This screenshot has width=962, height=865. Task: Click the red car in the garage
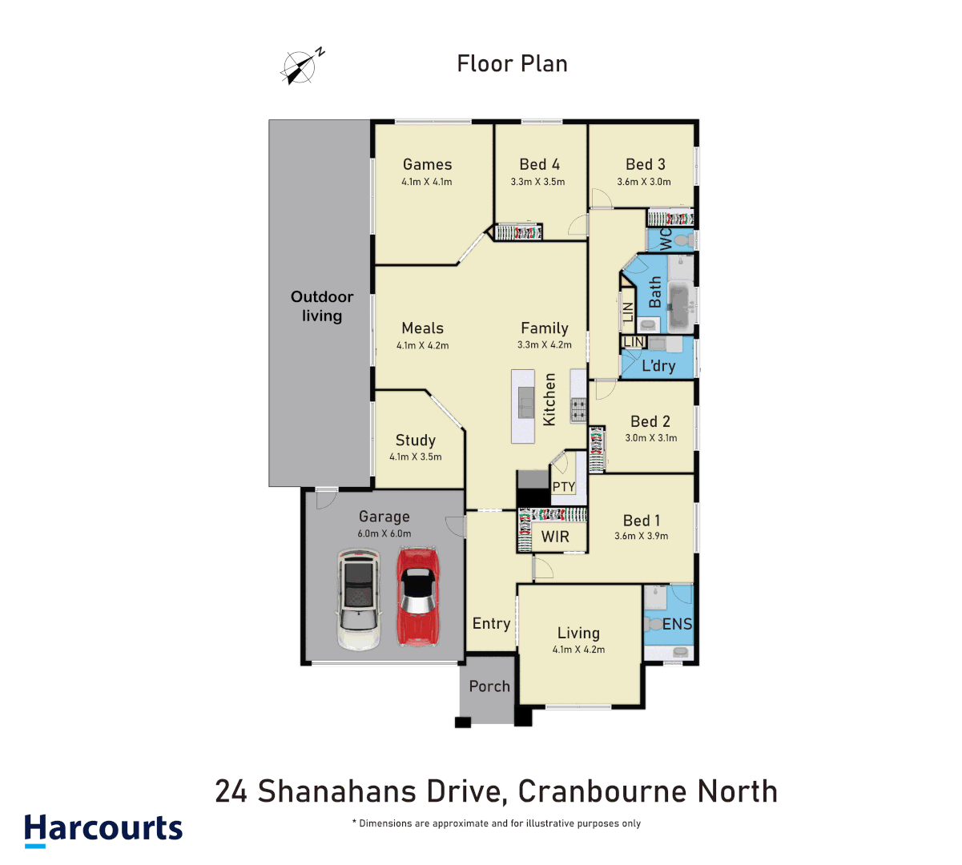pyautogui.click(x=418, y=596)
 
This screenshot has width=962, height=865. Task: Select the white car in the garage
pyautogui.click(x=358, y=598)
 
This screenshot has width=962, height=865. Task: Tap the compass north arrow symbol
pyautogui.click(x=300, y=66)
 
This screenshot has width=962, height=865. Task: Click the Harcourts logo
pyautogui.click(x=103, y=829)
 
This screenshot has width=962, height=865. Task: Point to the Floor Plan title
pyautogui.click(x=512, y=64)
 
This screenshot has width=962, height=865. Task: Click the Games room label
pyautogui.click(x=427, y=164)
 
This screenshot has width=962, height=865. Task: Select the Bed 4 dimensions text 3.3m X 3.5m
pyautogui.click(x=537, y=182)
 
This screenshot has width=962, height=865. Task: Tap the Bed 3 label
pyautogui.click(x=645, y=164)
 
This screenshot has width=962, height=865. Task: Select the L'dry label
pyautogui.click(x=658, y=366)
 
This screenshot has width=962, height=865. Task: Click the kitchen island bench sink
pyautogui.click(x=525, y=401)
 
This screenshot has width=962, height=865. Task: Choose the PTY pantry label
pyautogui.click(x=564, y=487)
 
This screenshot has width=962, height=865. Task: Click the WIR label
pyautogui.click(x=555, y=537)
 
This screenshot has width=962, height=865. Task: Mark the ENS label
pyautogui.click(x=677, y=624)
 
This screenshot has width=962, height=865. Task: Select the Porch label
pyautogui.click(x=489, y=686)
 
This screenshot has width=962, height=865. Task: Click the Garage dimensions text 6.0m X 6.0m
pyautogui.click(x=384, y=533)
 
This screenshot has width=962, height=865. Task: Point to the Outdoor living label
pyautogui.click(x=322, y=306)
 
